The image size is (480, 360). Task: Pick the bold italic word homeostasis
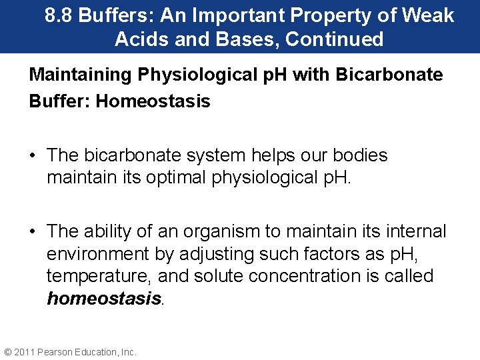pyautogui.click(x=104, y=299)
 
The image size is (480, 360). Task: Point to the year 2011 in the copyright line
pyautogui.click(x=25, y=352)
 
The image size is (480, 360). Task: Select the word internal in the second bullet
pyautogui.click(x=413, y=231)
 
